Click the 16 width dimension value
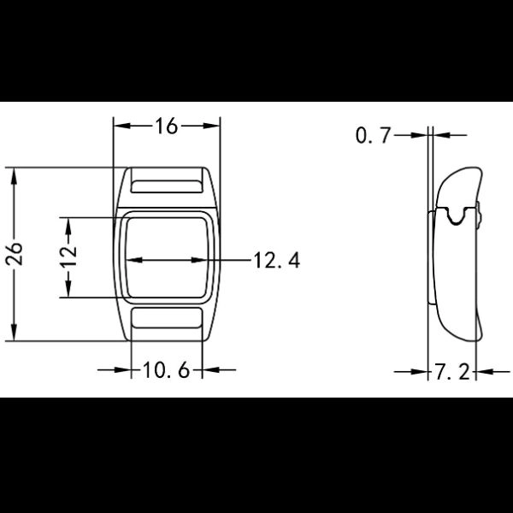[167, 127]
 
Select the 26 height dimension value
[15, 254]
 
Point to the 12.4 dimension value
[276, 261]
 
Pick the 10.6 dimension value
[167, 370]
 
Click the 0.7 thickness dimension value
[374, 135]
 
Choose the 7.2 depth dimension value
[452, 372]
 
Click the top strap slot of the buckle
[167, 186]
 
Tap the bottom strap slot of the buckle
[167, 318]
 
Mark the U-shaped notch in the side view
[456, 217]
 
